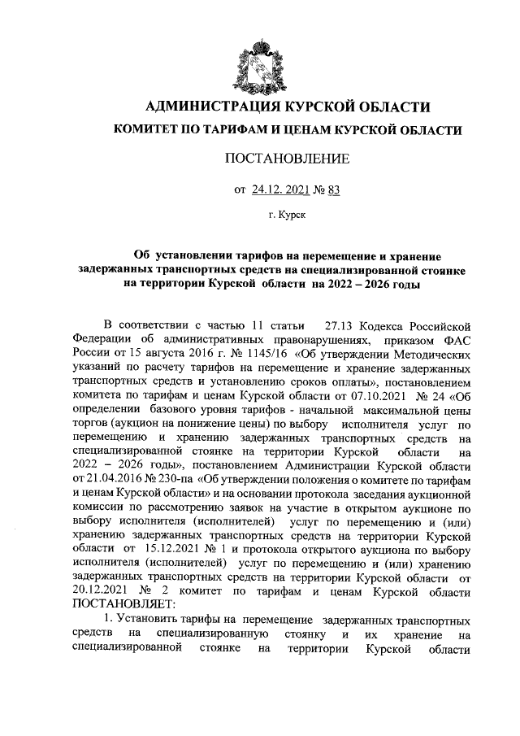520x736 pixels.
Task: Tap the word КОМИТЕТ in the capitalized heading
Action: [148, 129]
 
